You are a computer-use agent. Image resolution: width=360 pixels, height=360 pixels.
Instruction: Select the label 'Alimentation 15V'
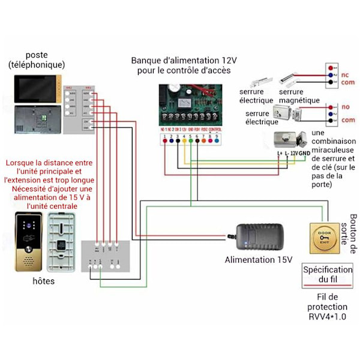pyautogui.click(x=258, y=260)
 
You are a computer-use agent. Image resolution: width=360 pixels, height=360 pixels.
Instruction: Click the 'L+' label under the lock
pyautogui.click(x=280, y=153)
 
